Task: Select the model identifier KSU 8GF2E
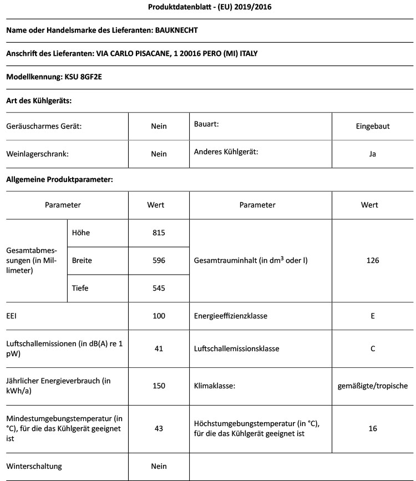coord(83,77)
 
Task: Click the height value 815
coord(159,232)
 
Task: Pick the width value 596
coord(159,260)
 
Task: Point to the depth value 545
coord(159,288)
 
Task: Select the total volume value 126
coord(373,260)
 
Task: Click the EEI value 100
coord(159,316)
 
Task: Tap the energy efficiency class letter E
coord(373,316)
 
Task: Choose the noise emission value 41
coord(159,349)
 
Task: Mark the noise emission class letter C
coord(373,349)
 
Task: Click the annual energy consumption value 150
coord(159,386)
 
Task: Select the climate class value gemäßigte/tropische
coord(373,386)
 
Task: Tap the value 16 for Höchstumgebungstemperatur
coord(373,428)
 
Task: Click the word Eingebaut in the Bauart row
coord(373,126)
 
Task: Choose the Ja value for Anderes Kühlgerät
coord(373,154)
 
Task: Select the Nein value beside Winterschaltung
coord(159,466)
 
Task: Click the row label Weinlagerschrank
coord(37,154)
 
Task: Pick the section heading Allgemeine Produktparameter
coord(59,179)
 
